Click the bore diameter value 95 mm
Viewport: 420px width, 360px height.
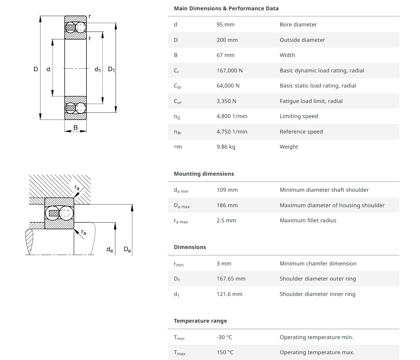click(225, 24)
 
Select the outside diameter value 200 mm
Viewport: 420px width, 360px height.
click(227, 40)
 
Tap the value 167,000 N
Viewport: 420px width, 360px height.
click(229, 70)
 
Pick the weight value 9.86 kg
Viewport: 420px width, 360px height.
click(226, 147)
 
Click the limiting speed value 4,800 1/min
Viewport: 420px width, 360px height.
click(232, 116)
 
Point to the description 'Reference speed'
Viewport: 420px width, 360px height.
click(301, 132)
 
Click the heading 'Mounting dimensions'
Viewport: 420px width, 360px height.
click(204, 174)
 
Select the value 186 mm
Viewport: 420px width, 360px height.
click(227, 205)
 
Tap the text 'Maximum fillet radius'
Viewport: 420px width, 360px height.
click(308, 220)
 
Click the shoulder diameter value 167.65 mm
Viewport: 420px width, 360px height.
click(231, 279)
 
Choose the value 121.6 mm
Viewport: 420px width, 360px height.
click(229, 294)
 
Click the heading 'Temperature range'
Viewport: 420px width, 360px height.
click(200, 321)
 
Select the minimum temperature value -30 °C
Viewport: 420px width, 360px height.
click(224, 337)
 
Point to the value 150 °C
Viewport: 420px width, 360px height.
click(225, 352)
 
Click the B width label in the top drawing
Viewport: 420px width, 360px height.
click(76, 127)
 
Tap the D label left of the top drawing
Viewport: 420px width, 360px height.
click(36, 69)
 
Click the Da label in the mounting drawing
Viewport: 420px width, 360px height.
click(127, 249)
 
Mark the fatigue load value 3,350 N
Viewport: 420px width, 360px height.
click(226, 101)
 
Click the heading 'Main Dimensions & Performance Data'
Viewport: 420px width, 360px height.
click(226, 8)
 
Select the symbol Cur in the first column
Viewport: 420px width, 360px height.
click(178, 101)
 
